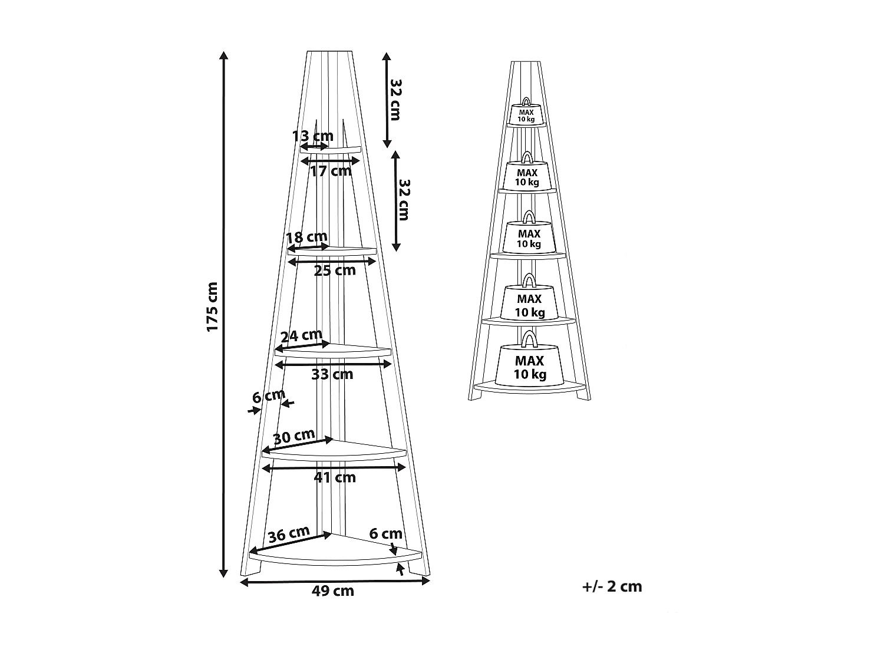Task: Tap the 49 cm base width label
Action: [333, 591]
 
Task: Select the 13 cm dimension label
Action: [312, 137]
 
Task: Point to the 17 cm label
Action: [331, 171]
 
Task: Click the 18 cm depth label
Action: [306, 238]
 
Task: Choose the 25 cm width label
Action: [335, 271]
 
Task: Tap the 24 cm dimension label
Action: [301, 337]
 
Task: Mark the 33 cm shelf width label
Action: [332, 374]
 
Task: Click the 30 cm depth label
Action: [294, 437]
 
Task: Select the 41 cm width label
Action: [335, 477]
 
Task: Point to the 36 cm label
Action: [289, 535]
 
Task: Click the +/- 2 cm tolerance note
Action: [612, 586]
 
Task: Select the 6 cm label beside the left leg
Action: [268, 396]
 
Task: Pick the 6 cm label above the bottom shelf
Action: [386, 534]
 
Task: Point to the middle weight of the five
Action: [529, 238]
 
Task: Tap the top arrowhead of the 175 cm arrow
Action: [223, 55]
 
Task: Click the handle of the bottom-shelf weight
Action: [529, 338]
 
